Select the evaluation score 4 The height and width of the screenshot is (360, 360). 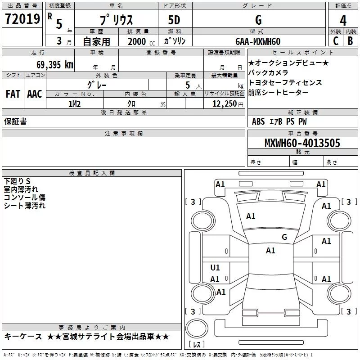pos(343,20)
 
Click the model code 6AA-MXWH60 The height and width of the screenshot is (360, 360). pos(258,41)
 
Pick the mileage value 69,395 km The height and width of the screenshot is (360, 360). pos(54,64)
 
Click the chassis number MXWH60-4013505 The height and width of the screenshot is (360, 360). pos(302,143)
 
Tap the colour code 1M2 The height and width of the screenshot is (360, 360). pos(74,104)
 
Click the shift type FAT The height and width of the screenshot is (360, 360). pos(13,94)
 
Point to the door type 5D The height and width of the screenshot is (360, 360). pos(174,20)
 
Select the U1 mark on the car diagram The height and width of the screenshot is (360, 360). pos(215,268)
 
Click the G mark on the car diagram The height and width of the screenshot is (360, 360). pos(284,237)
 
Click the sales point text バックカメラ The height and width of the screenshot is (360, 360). pos(268,72)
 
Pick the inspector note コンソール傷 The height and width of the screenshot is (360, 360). pos(25,198)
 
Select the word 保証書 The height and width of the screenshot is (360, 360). pos(15,121)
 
